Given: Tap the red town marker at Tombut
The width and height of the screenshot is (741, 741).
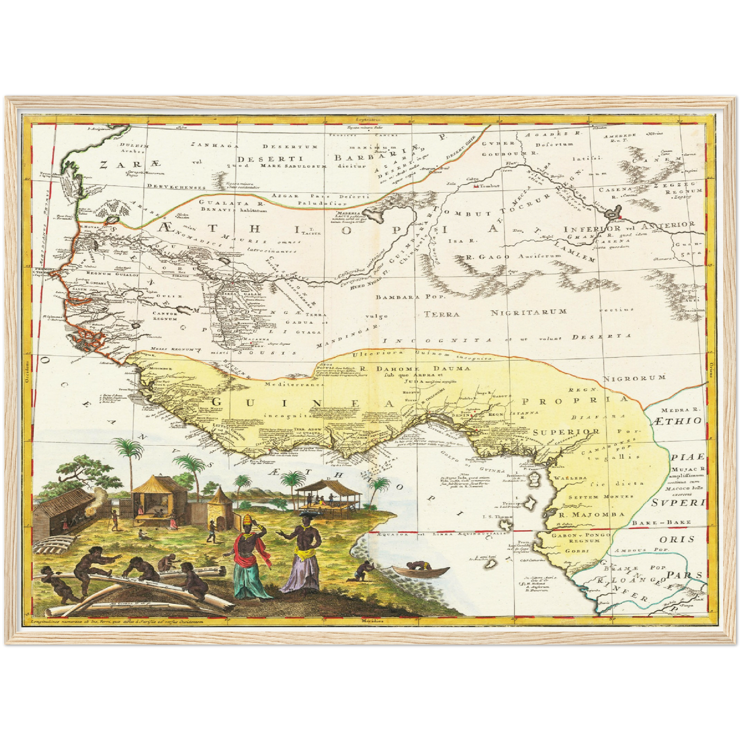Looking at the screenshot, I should point(476,186).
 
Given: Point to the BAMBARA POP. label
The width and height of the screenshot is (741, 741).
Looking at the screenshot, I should point(411,296).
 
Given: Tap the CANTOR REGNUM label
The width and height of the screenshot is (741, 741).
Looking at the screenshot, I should point(165,316).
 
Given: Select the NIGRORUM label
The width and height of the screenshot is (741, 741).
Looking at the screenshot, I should point(634,378).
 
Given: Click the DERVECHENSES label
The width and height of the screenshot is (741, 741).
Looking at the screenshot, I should point(167,187).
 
